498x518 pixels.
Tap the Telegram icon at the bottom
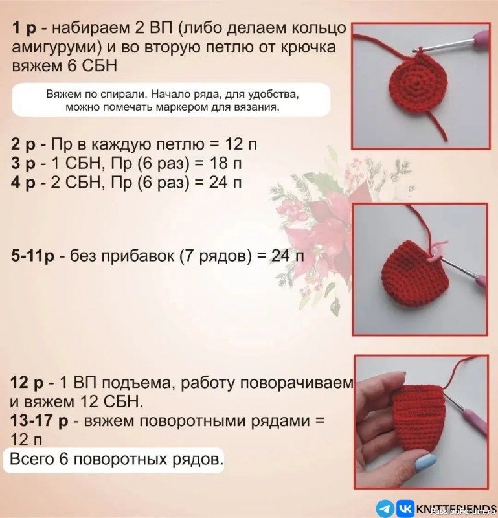(x=385, y=507)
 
